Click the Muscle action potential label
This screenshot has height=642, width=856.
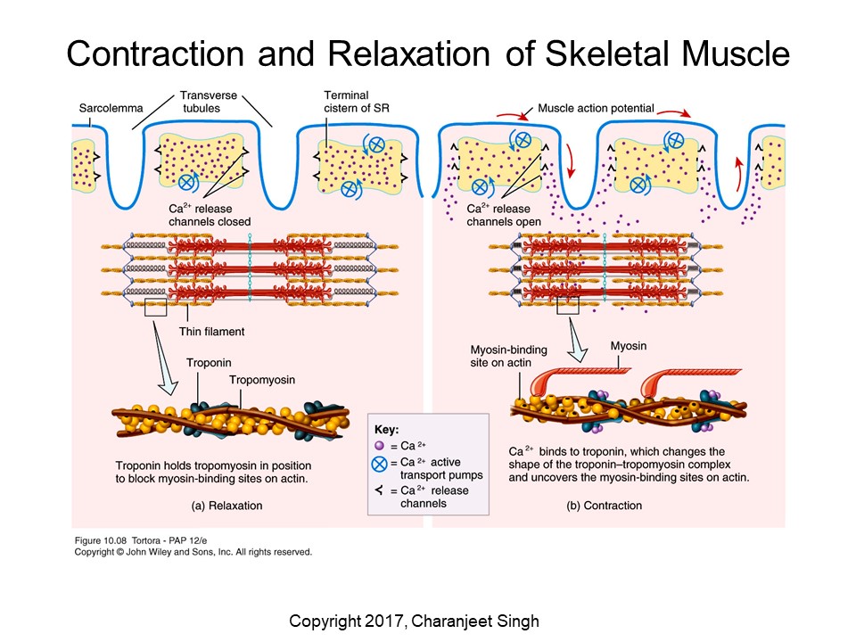pos(596,109)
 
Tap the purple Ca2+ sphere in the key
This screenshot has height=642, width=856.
pos(379,446)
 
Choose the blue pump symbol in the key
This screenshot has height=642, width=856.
pos(380,465)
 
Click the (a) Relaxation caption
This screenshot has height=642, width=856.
pos(226,505)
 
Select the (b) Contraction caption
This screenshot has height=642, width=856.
pos(605,505)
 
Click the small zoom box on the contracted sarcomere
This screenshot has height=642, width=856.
pos(567,305)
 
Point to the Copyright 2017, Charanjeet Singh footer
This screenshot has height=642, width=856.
pos(428,621)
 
